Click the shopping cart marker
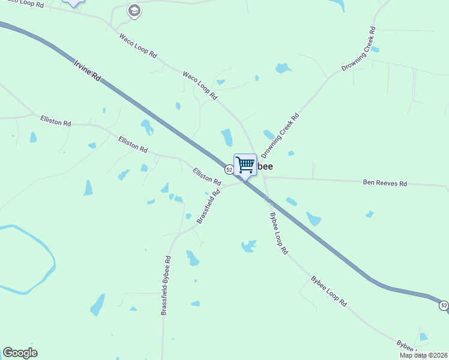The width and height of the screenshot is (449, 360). [x=245, y=164]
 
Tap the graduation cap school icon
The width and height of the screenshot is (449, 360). [x=134, y=10]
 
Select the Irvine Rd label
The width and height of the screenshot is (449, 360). [x=88, y=70]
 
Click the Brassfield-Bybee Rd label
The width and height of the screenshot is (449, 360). [x=166, y=286]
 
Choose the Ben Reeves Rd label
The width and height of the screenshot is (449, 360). [x=385, y=182]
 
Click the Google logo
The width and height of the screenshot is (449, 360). [x=20, y=353]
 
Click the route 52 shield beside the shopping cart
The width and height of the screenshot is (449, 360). [x=229, y=170]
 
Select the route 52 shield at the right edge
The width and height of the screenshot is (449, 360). [x=443, y=306]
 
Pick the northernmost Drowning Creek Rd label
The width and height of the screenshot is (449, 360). [x=358, y=50]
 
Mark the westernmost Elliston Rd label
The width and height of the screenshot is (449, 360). [x=55, y=121]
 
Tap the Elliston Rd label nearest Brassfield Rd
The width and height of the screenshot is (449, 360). [x=207, y=176]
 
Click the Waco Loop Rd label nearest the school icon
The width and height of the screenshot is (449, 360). [x=138, y=46]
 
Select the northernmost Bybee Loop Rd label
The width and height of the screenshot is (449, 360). [x=279, y=233]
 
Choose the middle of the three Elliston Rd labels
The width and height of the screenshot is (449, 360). [x=133, y=144]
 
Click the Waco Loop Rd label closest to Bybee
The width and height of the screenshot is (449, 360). [x=199, y=85]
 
